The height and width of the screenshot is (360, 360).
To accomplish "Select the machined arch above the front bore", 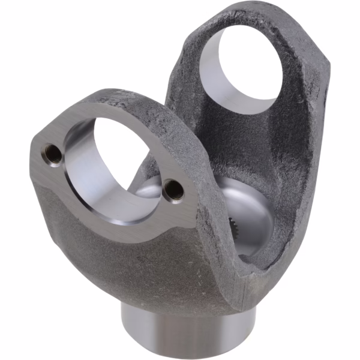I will pos(120,111).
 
